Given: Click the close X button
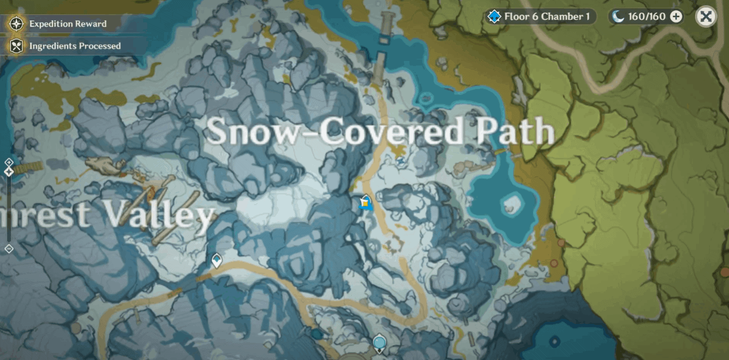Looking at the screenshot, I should tap(705, 17).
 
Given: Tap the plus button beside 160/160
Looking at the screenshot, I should tap(676, 17).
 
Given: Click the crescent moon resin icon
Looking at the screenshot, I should tap(618, 17).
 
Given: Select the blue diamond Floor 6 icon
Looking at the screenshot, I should tap(494, 17).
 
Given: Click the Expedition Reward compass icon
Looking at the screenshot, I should tap(17, 24).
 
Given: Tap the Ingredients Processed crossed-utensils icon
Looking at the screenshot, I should tap(17, 46).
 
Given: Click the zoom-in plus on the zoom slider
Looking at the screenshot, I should tap(9, 162).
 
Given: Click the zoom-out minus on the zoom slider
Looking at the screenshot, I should tap(9, 249).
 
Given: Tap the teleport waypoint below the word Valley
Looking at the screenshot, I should tap(216, 261).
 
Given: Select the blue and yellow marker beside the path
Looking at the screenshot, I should tap(365, 202).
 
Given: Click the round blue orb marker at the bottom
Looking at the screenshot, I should tap(379, 343).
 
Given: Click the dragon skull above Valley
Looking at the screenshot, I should tap(105, 164).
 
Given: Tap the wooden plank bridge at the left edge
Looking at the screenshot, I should tap(28, 167).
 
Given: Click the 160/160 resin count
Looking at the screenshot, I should tap(646, 17).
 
